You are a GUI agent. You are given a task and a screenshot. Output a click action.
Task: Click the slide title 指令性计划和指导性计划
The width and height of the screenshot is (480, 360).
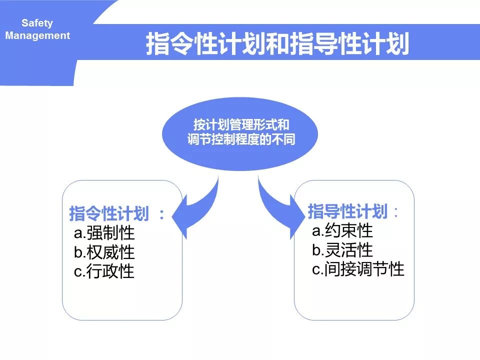277,44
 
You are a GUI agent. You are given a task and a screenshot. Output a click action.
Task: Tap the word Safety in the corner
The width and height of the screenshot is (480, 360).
37,23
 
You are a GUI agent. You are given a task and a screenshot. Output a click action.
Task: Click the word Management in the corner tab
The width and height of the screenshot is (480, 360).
38,36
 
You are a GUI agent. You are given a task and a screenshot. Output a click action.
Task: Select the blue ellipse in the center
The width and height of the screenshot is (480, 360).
240,155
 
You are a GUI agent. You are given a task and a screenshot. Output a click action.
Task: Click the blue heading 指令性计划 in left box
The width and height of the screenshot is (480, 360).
109,214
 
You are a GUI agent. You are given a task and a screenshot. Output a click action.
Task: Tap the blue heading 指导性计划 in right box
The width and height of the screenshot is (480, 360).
347,211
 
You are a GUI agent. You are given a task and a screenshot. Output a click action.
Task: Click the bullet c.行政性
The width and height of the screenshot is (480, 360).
104,271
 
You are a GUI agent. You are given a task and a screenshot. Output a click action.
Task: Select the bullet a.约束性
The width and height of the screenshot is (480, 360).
342,230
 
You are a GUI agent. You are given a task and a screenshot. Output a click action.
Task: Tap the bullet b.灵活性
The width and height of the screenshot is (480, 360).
342,249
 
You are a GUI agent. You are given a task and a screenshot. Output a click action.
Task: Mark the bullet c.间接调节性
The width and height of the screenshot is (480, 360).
358,269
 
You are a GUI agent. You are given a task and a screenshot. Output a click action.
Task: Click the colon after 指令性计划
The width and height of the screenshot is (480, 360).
161,214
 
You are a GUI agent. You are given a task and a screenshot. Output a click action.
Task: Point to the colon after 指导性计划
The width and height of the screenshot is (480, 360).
396,212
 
